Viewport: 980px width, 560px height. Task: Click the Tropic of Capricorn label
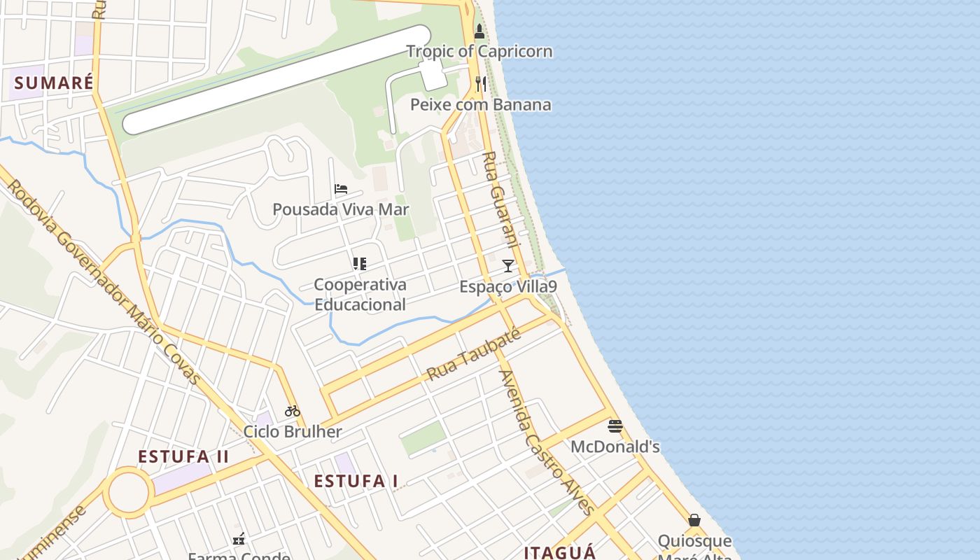click(x=479, y=51)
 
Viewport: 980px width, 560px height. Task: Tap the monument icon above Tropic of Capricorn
click(x=479, y=31)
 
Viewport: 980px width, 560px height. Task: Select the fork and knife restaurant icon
click(x=480, y=84)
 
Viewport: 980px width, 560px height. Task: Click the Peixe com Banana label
click(x=480, y=105)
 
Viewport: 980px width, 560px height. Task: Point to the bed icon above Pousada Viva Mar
click(x=341, y=189)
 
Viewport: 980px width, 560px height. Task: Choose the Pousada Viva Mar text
click(x=341, y=209)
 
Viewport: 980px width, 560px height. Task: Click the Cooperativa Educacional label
click(x=360, y=295)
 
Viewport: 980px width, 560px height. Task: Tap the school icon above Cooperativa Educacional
click(x=360, y=264)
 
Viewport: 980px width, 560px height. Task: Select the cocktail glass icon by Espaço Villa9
click(x=508, y=266)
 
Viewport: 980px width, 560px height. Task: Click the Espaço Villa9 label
click(x=508, y=287)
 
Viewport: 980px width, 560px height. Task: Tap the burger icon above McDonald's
click(x=615, y=426)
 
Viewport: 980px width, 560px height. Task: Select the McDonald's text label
click(x=615, y=447)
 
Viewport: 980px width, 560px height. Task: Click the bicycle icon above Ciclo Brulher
click(x=293, y=411)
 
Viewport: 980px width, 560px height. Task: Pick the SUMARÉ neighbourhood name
click(x=53, y=83)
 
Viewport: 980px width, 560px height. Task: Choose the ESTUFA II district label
click(x=183, y=456)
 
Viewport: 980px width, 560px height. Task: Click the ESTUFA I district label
click(x=356, y=481)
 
